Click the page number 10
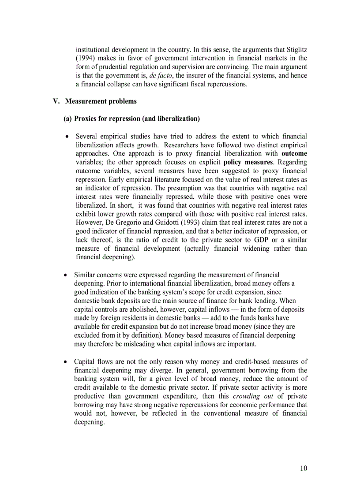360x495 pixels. tap(304, 468)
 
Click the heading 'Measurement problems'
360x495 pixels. tap(101, 101)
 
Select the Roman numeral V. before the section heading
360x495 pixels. tap(56, 101)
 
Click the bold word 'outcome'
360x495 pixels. tap(294, 154)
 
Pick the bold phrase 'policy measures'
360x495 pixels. tap(248, 162)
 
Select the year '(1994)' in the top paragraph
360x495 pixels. tap(86, 59)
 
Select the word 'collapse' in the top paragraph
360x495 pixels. tap(118, 84)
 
